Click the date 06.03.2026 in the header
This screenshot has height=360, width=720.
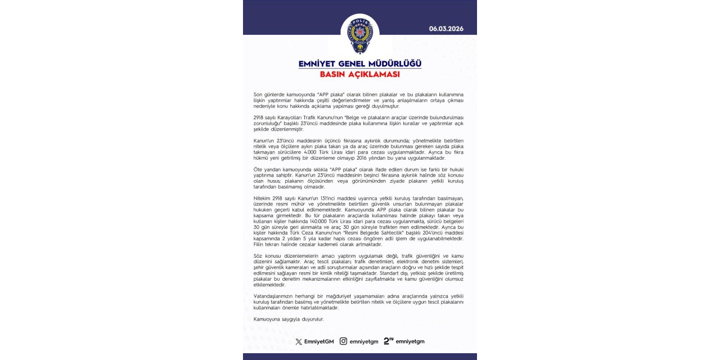click(x=446, y=29)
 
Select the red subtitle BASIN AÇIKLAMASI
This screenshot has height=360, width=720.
click(x=360, y=74)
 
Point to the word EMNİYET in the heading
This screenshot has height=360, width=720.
click(x=319, y=64)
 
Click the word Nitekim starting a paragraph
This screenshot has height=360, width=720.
click(x=263, y=197)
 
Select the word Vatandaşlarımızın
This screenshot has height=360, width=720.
click(x=275, y=296)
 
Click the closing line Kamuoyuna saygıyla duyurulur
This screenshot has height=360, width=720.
click(x=289, y=319)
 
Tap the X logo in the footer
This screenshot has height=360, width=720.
click(x=299, y=341)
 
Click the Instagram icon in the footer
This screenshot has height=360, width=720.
click(x=343, y=341)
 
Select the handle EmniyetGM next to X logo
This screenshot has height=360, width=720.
click(x=319, y=341)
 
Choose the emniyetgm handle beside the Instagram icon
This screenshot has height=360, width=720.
click(x=364, y=341)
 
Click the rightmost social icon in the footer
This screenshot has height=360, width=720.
click(x=389, y=341)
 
